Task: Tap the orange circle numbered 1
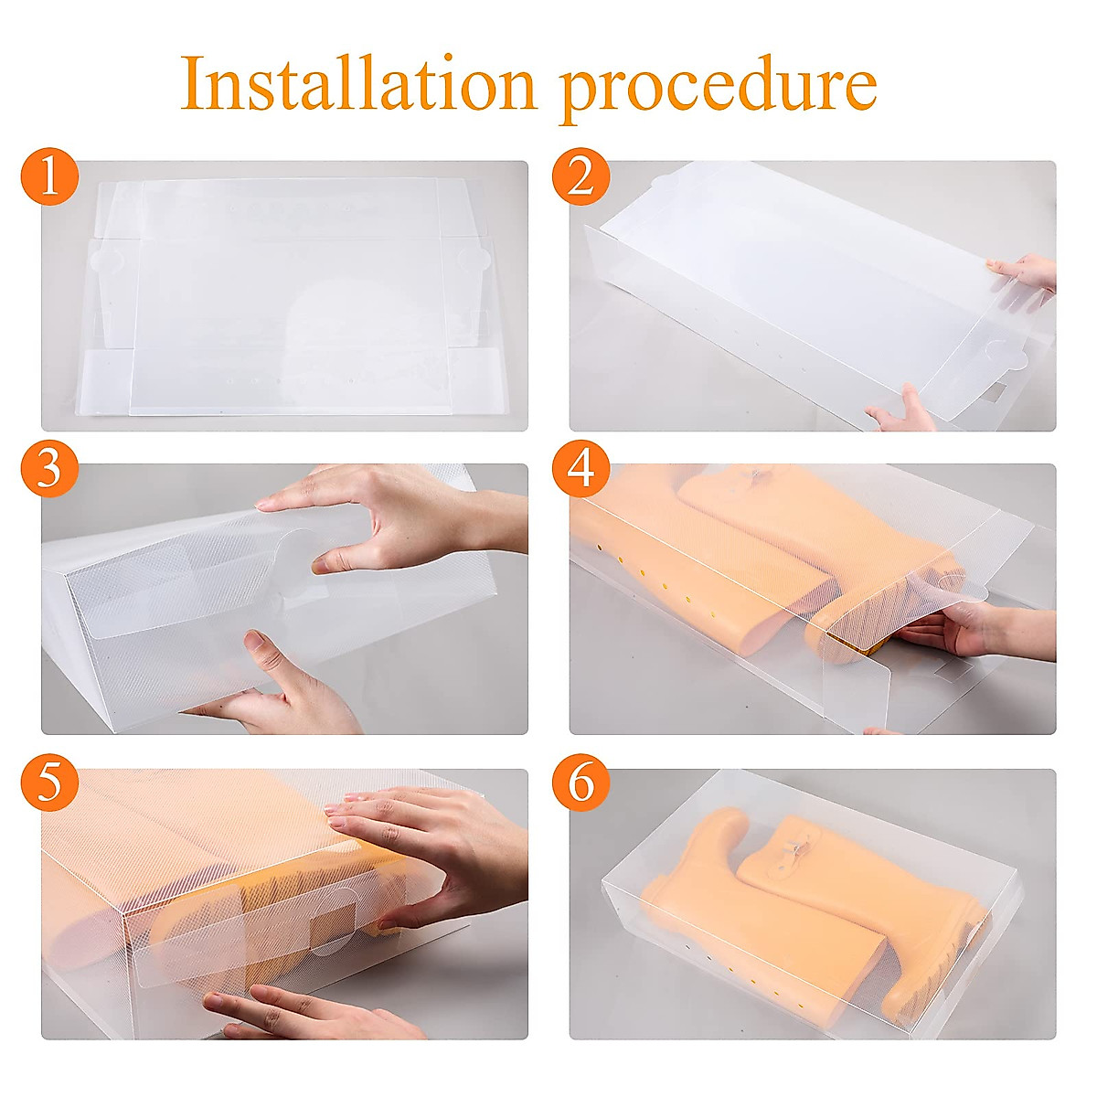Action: pos(49,177)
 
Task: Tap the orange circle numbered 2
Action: pos(580,177)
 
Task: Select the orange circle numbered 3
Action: pos(49,470)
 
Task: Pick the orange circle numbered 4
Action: pos(580,470)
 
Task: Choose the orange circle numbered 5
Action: pos(49,784)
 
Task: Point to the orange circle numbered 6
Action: pos(580,784)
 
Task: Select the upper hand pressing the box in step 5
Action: pos(430,836)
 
